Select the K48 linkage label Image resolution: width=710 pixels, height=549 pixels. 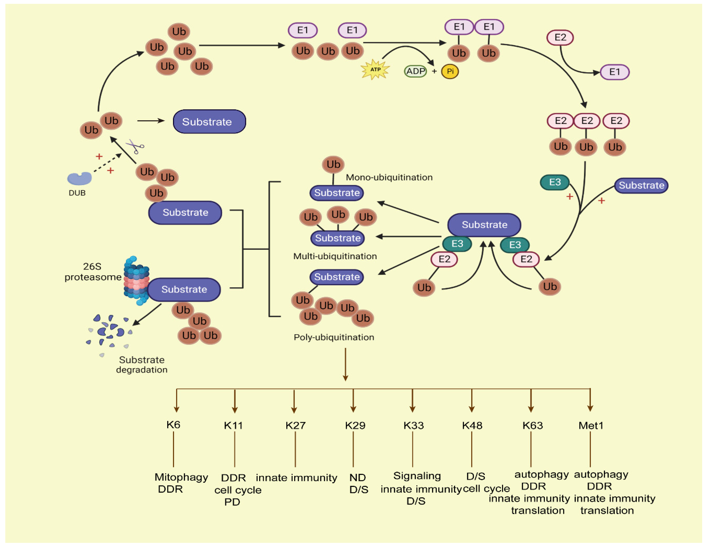pos(472,425)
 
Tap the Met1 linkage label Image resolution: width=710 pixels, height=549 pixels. pos(591,425)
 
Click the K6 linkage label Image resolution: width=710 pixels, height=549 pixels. pos(173,425)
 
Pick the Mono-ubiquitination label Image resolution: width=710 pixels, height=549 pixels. pos(389,177)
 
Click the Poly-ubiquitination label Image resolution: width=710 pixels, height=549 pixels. pos(334,337)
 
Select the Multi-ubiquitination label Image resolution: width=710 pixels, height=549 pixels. pos(335,256)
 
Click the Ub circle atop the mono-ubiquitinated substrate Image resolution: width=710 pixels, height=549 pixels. pos(333,164)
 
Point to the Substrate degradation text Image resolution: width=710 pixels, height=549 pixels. pos(142,364)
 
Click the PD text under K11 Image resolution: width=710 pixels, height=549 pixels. pos(232,502)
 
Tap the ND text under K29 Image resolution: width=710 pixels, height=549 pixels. pos(358,477)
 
